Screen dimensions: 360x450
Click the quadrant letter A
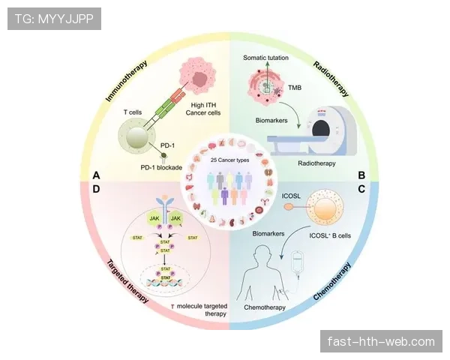point(96,175)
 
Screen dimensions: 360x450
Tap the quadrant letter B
point(361,175)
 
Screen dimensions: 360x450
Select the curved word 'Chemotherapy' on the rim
point(329,288)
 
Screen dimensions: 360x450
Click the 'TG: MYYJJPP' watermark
point(53,19)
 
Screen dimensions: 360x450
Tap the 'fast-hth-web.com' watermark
point(381,342)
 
